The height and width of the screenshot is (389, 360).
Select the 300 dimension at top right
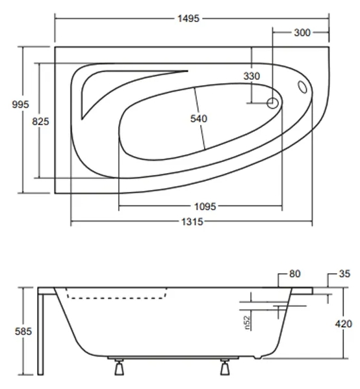coord(302,32)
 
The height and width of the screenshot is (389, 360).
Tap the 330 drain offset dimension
coord(251,76)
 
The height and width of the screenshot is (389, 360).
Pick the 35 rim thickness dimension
coord(344,274)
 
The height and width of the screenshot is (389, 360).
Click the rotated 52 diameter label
coord(248,321)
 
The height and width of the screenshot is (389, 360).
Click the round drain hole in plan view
coord(273,102)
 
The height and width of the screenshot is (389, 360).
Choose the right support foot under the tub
coord(225,368)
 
